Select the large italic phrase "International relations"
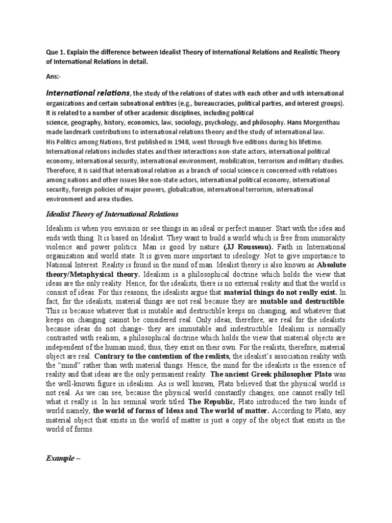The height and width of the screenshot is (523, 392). (x=88, y=93)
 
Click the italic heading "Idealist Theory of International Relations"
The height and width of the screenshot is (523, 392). (x=113, y=213)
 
